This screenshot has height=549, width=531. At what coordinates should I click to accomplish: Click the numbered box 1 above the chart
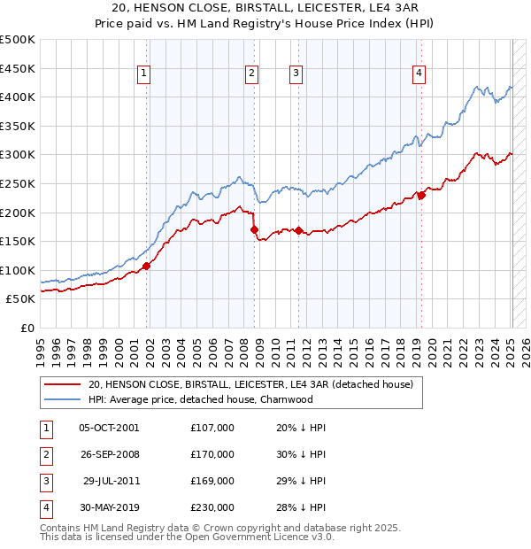143,74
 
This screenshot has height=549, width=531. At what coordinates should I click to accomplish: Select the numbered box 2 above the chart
252,74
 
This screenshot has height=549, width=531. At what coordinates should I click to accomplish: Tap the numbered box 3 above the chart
296,74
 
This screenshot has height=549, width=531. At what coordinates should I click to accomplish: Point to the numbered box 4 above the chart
417,74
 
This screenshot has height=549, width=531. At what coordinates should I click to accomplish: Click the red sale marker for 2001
146,266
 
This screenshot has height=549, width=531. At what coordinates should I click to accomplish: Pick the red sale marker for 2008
255,229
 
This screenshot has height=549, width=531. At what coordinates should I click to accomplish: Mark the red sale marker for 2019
421,195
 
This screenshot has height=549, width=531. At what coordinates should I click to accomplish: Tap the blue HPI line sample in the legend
61,399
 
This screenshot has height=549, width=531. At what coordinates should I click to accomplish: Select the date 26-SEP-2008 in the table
109,454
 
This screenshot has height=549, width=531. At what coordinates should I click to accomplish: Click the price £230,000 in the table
212,507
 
